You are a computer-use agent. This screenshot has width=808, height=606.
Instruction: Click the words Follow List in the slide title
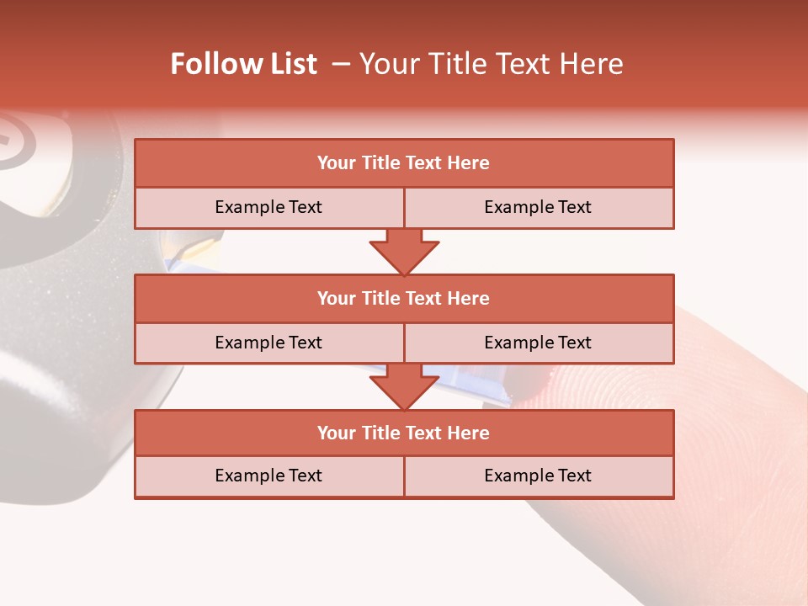coord(244,64)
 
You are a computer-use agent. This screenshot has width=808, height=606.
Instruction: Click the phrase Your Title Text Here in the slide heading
coord(491,64)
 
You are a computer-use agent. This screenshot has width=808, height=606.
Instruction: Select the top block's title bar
coord(404,163)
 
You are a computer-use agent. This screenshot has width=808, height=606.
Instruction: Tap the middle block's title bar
coord(404,298)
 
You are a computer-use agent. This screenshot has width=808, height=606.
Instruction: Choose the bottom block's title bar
coord(404,433)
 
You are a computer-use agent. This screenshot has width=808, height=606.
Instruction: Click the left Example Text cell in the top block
coord(269,207)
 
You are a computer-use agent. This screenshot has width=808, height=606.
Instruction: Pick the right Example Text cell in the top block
coord(539,207)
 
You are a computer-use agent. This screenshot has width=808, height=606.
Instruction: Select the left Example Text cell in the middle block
coord(269,343)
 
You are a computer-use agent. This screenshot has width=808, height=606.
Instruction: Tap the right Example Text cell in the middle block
coord(539,343)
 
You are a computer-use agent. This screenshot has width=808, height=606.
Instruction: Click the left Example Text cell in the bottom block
coord(269,476)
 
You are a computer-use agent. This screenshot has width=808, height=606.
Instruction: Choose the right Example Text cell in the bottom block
coord(539,476)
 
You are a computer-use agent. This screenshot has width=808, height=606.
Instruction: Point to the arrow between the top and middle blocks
coord(404,252)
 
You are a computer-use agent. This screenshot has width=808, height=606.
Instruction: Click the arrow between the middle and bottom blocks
coord(404,387)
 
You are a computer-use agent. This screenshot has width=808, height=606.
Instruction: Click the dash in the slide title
coord(341,64)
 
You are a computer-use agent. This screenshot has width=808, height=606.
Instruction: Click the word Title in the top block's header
coord(380,163)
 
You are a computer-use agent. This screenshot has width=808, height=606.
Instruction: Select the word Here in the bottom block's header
coord(469,433)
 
